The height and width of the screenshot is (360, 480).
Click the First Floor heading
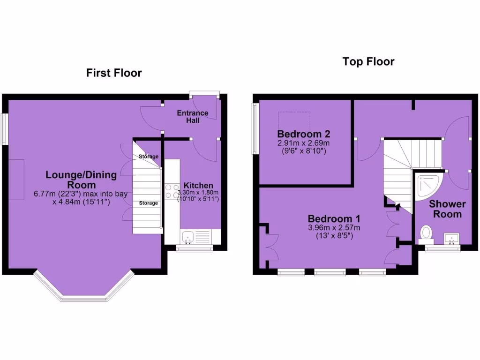tap(113, 73)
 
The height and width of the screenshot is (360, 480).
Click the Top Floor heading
tap(368, 61)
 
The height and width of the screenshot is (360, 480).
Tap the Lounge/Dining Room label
tap(81, 180)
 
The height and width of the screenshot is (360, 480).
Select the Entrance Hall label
tap(192, 117)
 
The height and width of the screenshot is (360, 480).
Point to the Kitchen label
tap(198, 186)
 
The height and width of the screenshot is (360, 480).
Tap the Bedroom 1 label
tap(334, 219)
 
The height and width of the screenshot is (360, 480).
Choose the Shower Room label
tap(447, 209)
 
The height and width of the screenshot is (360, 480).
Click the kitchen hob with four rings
tap(172, 191)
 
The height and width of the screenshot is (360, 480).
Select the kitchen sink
tap(188, 236)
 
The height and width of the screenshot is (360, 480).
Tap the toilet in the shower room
tap(426, 233)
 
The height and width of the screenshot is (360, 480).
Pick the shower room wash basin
tap(452, 238)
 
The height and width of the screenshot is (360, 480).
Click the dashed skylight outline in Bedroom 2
tap(295, 120)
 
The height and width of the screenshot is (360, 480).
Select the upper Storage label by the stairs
tap(148, 157)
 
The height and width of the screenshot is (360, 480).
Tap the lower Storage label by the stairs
tap(148, 203)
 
